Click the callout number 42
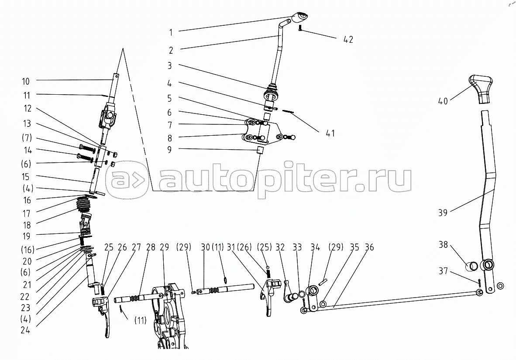348,39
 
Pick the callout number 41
330,133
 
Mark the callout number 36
369,247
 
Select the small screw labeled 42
300,28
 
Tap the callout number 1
171,32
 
